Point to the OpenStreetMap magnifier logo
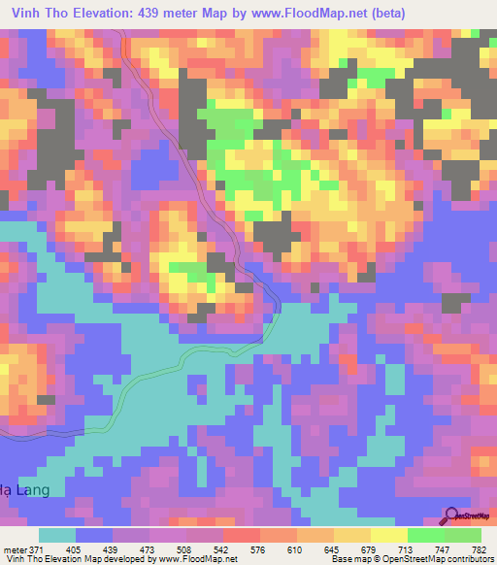pos(451,515)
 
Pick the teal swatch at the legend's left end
pos(57,535)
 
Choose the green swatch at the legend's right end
pos(463,535)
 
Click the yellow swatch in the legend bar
pos(388,535)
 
